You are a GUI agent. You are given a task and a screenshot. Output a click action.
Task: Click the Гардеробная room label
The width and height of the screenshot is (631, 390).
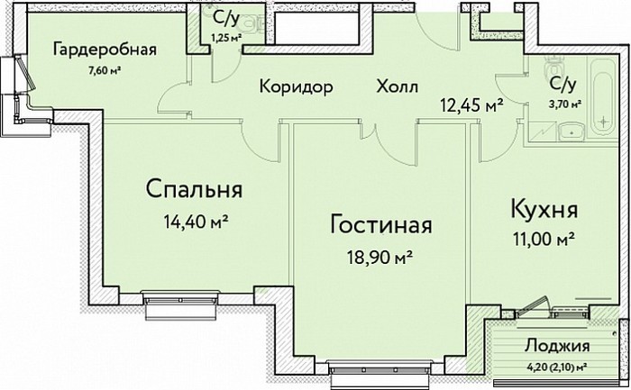click(x=105, y=51)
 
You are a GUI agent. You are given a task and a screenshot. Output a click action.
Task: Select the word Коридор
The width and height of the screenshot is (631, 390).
click(x=297, y=86)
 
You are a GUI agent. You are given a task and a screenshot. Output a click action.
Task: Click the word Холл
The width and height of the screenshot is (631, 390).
click(x=398, y=86)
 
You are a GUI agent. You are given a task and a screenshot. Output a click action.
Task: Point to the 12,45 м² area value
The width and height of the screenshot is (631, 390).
click(x=471, y=105)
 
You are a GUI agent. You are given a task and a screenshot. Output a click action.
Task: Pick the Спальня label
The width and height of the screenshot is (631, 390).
click(x=194, y=189)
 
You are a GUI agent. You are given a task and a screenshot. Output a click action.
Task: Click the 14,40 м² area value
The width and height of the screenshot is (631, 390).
click(x=196, y=221)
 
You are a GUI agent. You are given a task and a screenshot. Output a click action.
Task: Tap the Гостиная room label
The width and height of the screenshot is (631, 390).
click(x=380, y=225)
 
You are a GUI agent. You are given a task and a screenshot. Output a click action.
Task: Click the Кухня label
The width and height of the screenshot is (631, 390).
click(x=544, y=209)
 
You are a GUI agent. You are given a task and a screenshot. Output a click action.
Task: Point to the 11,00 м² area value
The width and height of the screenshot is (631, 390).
click(x=544, y=240)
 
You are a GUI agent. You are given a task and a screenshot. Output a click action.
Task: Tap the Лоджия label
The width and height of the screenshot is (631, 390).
click(x=557, y=345)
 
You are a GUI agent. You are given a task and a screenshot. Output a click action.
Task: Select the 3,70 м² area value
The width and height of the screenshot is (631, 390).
click(x=564, y=104)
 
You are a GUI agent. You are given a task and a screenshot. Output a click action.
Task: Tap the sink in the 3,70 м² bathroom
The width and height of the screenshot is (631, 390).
click(x=571, y=132)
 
